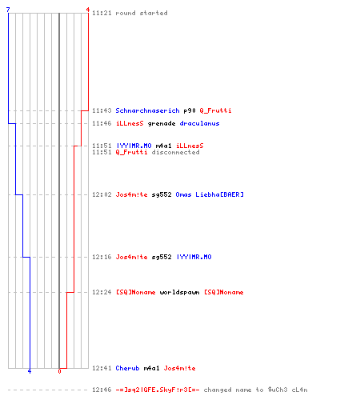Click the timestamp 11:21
[x=102, y=13]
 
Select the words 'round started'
[x=142, y=13]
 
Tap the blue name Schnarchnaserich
[x=147, y=110]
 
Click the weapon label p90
[x=190, y=110]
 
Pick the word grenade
[x=162, y=123]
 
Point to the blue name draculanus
[x=199, y=123]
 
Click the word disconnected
[x=175, y=152]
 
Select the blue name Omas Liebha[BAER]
[x=210, y=194]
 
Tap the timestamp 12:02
[x=102, y=194]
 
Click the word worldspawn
[x=179, y=292]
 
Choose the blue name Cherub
[x=127, y=368]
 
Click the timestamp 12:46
[x=102, y=390]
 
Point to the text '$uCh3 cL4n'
[x=288, y=390]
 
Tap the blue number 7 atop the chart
[x=8, y=10]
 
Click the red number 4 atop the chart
[x=88, y=10]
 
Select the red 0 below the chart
[x=59, y=371]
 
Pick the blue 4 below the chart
[x=30, y=371]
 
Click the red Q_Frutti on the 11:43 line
[x=215, y=110]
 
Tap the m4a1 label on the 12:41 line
[x=151, y=368]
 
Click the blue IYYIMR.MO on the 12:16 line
[x=194, y=257]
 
